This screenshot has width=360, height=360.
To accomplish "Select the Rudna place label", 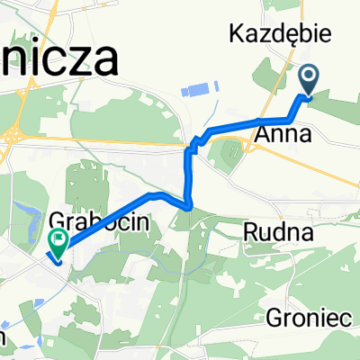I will tap(279, 232).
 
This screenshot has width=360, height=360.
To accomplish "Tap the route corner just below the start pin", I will tap(292, 119).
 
